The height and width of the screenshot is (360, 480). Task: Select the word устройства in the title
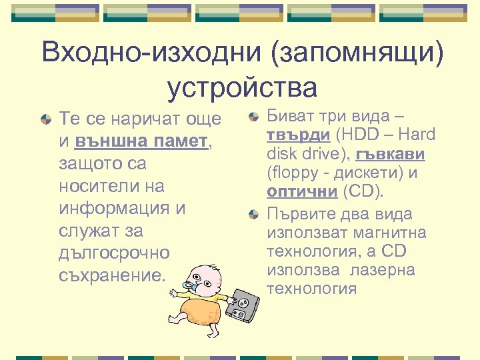point(242,87)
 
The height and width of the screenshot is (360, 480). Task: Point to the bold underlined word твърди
point(298,135)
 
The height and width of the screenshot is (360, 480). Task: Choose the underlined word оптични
point(302,192)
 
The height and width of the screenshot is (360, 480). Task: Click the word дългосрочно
point(115,253)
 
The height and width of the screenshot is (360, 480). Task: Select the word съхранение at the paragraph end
point(112,276)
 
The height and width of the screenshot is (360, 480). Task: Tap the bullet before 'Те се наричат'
point(45,120)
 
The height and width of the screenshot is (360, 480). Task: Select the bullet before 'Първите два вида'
point(253,215)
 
